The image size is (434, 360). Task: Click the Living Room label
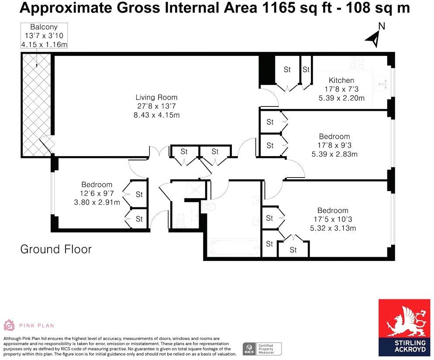coord(156,97)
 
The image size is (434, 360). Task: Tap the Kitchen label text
coord(341,80)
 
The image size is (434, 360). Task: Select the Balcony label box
coord(44,36)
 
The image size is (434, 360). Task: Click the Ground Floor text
coord(56,249)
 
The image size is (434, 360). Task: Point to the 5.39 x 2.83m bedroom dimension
coord(334,154)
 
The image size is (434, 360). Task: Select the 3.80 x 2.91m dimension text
coord(96,202)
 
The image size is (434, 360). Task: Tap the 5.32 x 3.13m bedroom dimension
coord(333,228)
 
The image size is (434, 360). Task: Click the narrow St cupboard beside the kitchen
coord(306,70)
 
